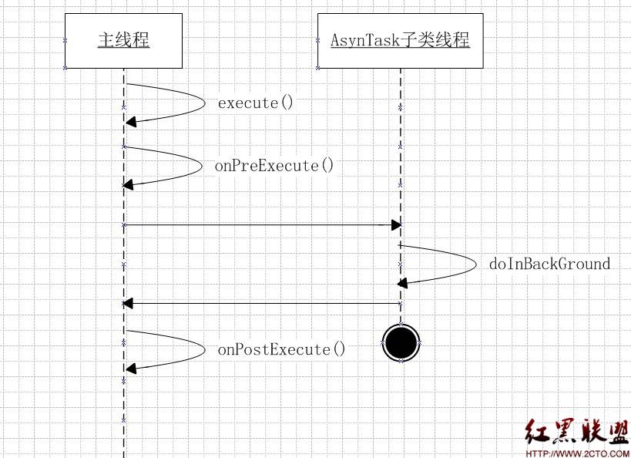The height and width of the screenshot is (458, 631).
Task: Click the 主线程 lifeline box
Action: (123, 40)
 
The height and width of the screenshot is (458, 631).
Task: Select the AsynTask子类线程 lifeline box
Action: (400, 40)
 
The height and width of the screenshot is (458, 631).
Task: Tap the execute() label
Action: (256, 103)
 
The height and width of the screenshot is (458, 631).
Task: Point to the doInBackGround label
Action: (549, 264)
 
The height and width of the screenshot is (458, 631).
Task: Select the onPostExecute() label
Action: (281, 349)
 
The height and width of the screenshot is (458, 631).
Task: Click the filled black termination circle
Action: (401, 343)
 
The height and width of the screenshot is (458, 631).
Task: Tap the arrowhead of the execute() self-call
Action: (131, 121)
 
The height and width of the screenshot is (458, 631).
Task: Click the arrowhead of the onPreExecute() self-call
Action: (129, 184)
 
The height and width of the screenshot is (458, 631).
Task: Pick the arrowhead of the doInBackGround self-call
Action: (404, 282)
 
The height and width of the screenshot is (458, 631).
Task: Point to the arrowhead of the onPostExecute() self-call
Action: (130, 367)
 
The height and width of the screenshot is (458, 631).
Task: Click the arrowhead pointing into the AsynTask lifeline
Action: (396, 224)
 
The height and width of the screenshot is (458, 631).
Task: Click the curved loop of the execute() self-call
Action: (203, 101)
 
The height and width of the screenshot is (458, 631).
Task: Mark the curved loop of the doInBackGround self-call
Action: (475, 264)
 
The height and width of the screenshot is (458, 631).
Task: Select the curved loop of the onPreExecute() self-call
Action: (200, 164)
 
